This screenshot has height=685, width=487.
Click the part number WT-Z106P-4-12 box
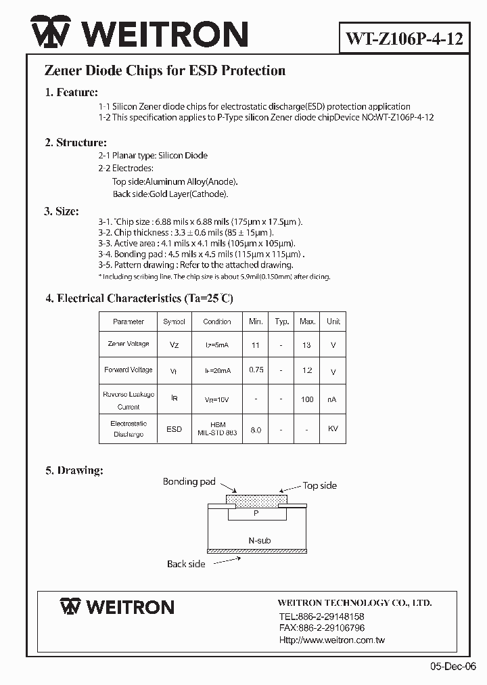(x=404, y=39)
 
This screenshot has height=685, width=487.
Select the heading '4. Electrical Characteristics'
(x=139, y=298)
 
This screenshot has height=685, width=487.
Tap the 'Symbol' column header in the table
(x=174, y=322)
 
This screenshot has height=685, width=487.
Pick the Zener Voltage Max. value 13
(x=307, y=345)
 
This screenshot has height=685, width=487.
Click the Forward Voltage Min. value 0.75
(x=256, y=370)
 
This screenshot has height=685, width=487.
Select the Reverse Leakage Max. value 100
(x=307, y=399)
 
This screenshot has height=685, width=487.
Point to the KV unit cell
(x=333, y=429)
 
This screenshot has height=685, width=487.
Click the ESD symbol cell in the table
(x=174, y=429)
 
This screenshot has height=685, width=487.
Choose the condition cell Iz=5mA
(x=217, y=345)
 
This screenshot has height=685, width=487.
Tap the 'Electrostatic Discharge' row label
(x=129, y=428)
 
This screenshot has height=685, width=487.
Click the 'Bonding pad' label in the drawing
(x=189, y=482)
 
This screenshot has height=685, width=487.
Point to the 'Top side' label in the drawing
(x=319, y=485)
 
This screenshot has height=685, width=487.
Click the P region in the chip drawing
(x=256, y=513)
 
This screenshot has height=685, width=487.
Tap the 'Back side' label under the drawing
(x=186, y=564)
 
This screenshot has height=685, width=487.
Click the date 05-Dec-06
(x=453, y=665)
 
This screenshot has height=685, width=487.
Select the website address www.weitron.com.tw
(x=331, y=640)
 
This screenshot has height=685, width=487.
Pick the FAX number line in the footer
(x=321, y=628)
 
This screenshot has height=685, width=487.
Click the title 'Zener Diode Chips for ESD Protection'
(x=164, y=70)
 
